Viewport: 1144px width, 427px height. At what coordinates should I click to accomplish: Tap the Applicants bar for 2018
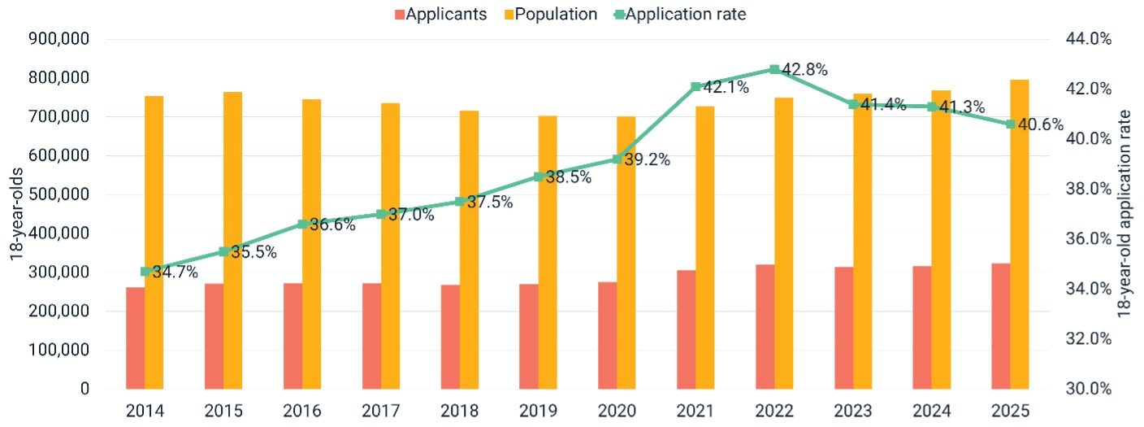(x=449, y=337)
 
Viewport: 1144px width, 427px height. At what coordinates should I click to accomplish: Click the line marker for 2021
(x=695, y=87)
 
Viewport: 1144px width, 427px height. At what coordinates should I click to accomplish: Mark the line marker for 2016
(x=302, y=224)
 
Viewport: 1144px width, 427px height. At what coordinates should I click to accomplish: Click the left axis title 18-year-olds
(x=16, y=214)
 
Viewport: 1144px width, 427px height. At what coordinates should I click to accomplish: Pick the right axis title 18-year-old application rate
(x=1126, y=214)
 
